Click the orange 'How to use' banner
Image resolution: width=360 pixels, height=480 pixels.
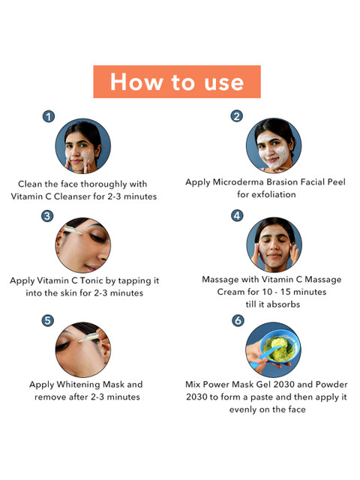[177, 82]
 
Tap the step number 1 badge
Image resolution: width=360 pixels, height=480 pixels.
[49, 117]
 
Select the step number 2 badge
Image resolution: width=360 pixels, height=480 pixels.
[237, 116]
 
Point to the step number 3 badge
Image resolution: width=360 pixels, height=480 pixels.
[47, 216]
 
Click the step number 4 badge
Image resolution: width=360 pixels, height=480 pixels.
[237, 215]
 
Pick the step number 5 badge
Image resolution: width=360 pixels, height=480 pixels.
[47, 321]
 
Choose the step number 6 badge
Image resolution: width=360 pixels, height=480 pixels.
[238, 320]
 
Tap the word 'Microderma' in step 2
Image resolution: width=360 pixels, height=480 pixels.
[238, 182]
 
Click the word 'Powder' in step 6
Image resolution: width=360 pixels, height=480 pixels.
[331, 385]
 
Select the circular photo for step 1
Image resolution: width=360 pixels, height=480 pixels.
[83, 146]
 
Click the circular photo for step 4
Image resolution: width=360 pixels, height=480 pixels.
[274, 244]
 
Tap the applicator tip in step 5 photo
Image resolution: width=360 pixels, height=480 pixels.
[80, 340]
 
